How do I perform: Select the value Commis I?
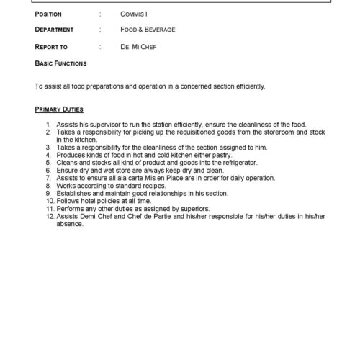pyautogui.click(x=136, y=14)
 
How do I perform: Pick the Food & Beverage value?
pyautogui.click(x=148, y=30)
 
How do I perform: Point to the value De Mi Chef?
pyautogui.click(x=138, y=46)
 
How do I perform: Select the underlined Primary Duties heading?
pyautogui.click(x=59, y=109)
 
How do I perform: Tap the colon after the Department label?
pyautogui.click(x=99, y=30)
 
